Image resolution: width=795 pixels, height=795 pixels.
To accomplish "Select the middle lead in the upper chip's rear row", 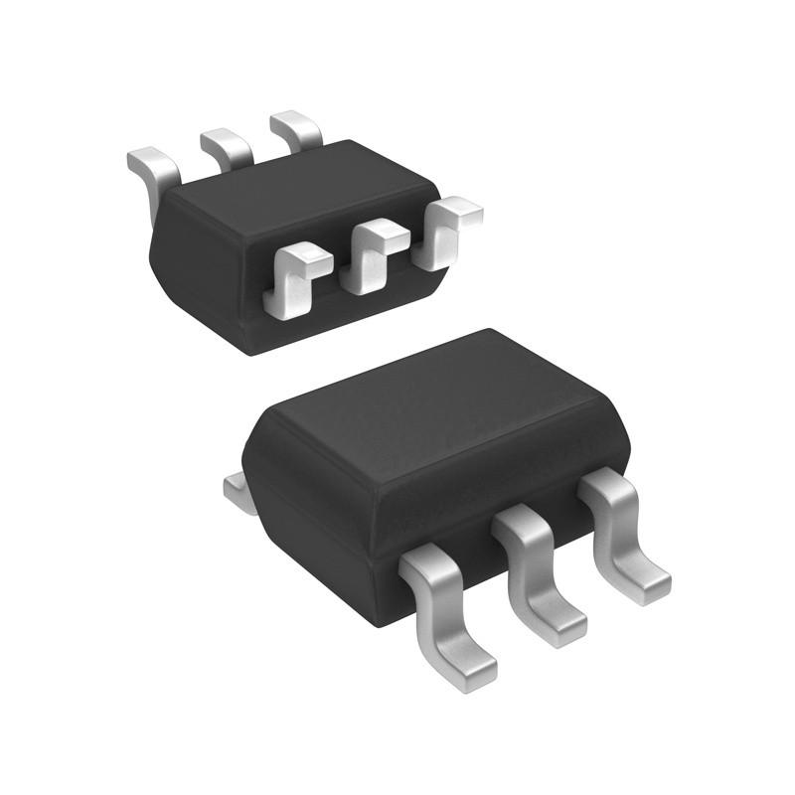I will pyautogui.click(x=227, y=146).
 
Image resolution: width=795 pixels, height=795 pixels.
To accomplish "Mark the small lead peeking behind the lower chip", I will pyautogui.click(x=237, y=488).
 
